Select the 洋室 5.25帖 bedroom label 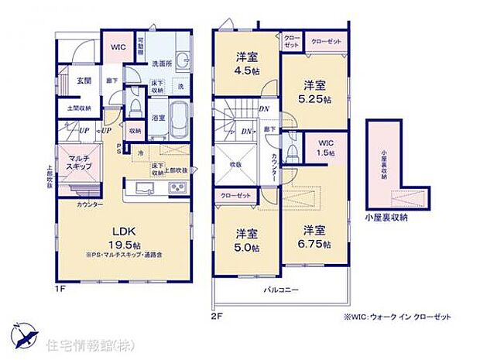(316, 91)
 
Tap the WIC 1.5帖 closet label (325, 147)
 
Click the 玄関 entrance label (84, 81)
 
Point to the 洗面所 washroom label (161, 63)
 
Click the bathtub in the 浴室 (177, 117)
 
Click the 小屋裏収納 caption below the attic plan (386, 218)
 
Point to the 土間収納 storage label (78, 108)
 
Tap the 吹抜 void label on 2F (235, 163)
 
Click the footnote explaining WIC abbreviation (393, 316)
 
